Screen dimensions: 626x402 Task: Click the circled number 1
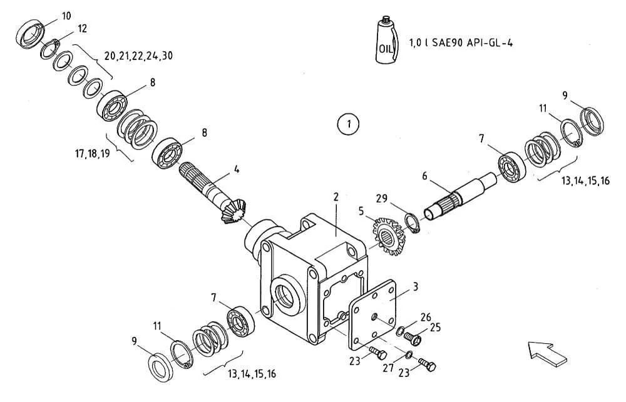[x=348, y=124]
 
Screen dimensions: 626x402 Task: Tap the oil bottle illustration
[x=386, y=40]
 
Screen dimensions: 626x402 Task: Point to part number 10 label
[x=66, y=16]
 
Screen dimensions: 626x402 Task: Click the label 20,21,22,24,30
[x=138, y=56]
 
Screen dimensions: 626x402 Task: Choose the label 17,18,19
[x=92, y=153]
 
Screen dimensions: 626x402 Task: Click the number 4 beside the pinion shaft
[x=237, y=169]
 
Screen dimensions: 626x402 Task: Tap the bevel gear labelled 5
[x=389, y=236]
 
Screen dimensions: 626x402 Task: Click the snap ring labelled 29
[x=413, y=224]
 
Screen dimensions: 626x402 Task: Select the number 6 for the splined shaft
[x=424, y=176]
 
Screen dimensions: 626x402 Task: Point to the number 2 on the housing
[x=336, y=196]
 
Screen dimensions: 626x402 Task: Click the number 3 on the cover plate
[x=416, y=286]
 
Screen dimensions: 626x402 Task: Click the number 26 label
[x=426, y=317]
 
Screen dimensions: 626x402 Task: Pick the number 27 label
[x=388, y=368]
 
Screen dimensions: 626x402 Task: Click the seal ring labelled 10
[x=31, y=34]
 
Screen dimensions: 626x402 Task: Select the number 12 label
[x=82, y=28]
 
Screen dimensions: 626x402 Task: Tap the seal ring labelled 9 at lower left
[x=160, y=368]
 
